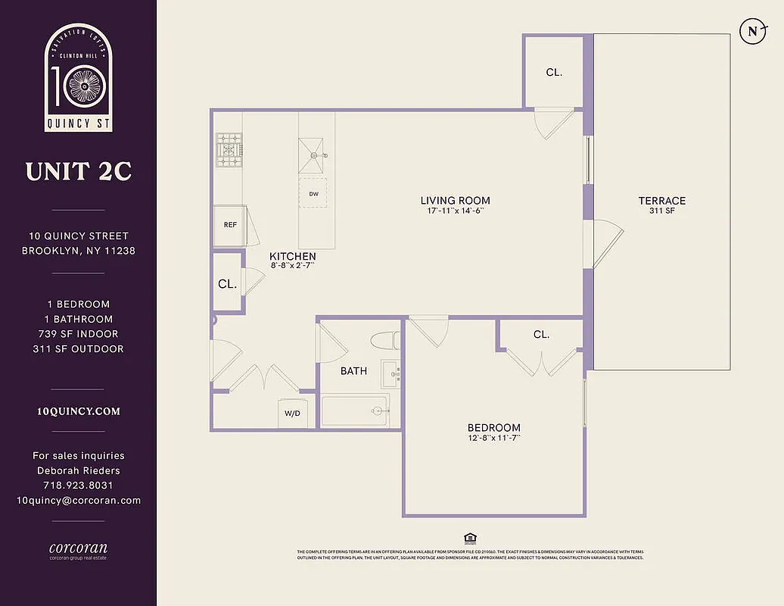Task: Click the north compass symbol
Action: tap(752, 31)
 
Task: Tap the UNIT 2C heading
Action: tap(79, 172)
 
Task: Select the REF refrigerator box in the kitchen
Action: tap(229, 225)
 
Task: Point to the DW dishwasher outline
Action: tap(313, 194)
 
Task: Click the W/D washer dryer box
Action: tap(292, 414)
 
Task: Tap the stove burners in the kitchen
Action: tap(228, 149)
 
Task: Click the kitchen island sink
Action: tap(313, 155)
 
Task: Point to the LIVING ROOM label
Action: tap(456, 201)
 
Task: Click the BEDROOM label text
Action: tap(493, 428)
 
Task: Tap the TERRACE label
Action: tap(661, 201)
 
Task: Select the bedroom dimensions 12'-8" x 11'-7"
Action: tap(493, 439)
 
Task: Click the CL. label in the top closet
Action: tap(554, 73)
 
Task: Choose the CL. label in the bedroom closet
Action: tap(540, 334)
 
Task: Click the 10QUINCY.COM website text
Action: tap(79, 412)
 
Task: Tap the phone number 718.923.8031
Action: tap(79, 486)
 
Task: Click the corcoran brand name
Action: tap(79, 548)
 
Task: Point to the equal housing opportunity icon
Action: tap(470, 539)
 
